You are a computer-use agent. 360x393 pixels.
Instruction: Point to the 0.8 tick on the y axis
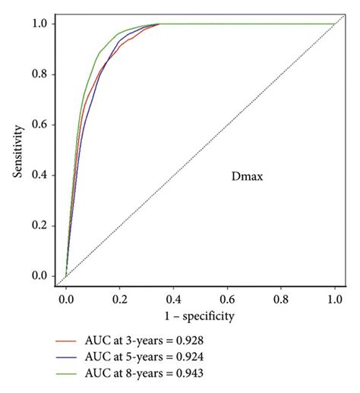click(x=43, y=74)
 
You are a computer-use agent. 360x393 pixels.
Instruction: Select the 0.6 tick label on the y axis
click(x=43, y=124)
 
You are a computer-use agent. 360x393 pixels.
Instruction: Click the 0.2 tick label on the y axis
click(x=43, y=225)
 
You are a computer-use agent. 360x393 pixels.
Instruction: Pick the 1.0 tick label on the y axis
click(x=43, y=24)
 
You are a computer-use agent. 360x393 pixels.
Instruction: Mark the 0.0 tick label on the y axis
click(x=43, y=276)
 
